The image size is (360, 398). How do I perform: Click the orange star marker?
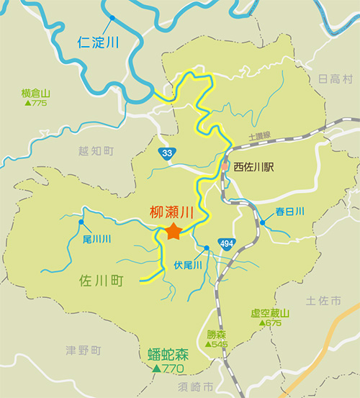(173, 232)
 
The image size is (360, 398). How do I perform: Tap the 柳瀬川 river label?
(172, 213)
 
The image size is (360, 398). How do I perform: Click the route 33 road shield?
(167, 153)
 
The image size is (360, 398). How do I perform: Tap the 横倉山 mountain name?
(35, 94)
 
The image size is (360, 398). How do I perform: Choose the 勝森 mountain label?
(216, 335)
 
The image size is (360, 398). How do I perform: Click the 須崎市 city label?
(197, 387)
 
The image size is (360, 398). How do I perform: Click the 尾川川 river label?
(96, 238)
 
